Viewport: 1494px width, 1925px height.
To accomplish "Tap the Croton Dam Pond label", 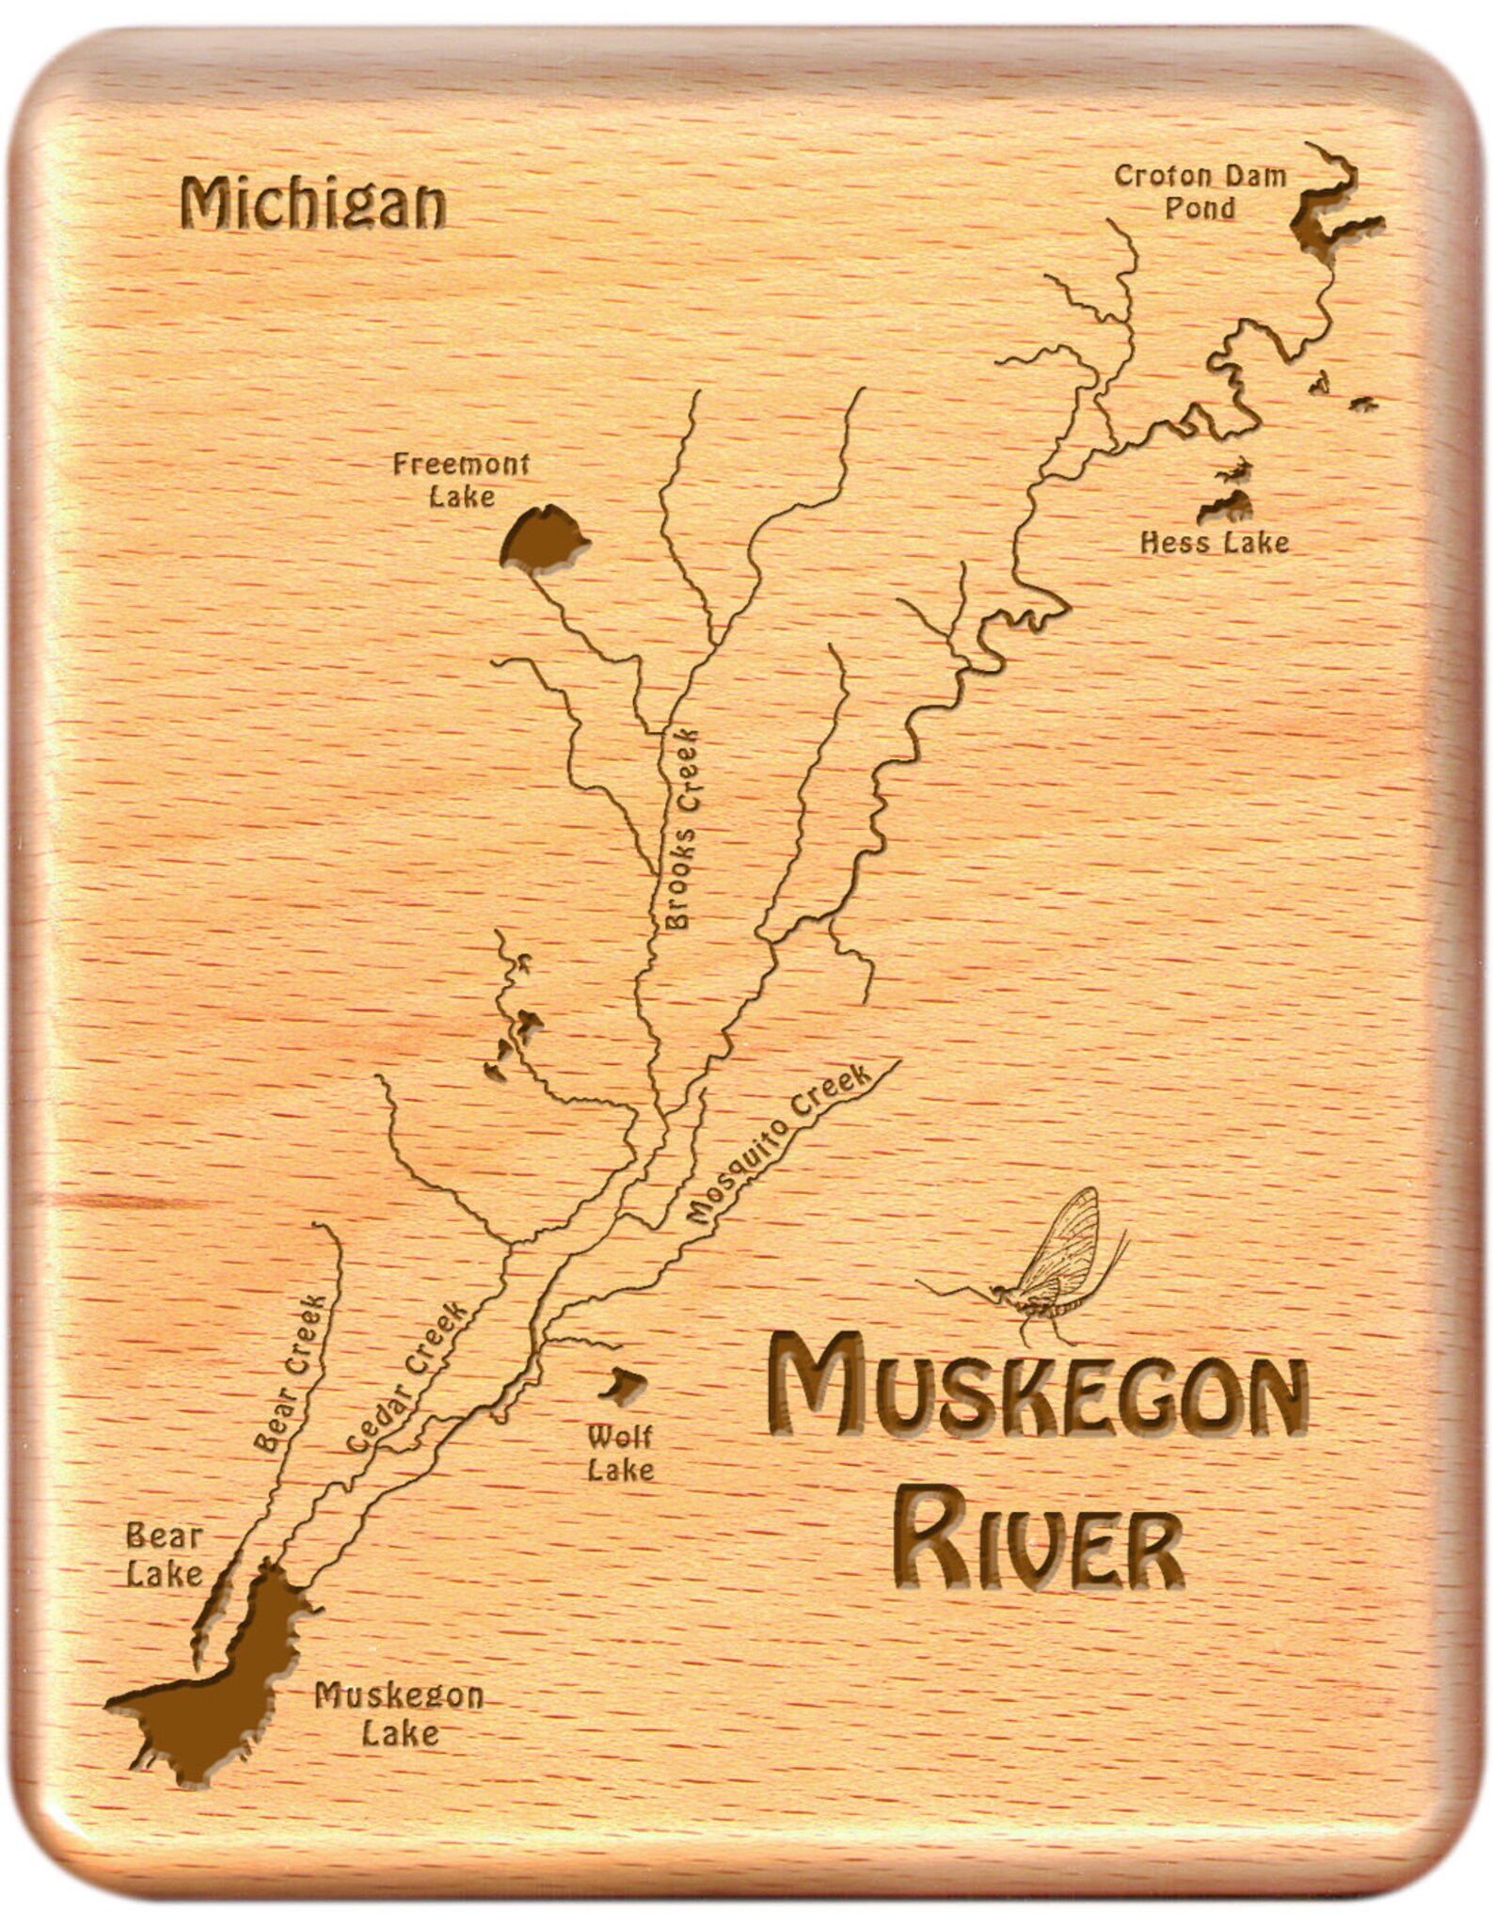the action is point(1200,191).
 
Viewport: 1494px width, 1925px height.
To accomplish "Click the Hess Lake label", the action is point(1214,543).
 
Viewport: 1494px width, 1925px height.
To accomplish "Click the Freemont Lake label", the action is point(461,479).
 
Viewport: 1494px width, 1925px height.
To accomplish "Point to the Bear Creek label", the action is point(291,1374).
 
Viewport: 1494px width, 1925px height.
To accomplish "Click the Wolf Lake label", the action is point(620,1453).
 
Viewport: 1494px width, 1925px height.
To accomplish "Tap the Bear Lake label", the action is point(165,1555).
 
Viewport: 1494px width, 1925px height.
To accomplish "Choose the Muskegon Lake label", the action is point(399,1712).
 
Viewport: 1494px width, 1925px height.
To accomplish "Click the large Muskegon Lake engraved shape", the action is point(235,1675).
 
